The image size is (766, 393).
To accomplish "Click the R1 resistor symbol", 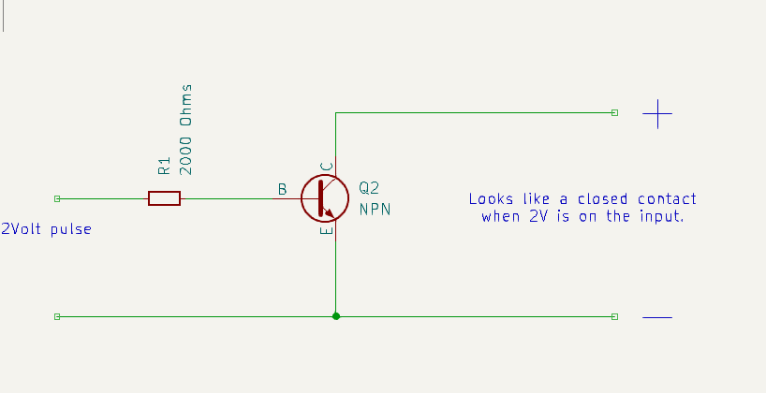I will click(164, 198).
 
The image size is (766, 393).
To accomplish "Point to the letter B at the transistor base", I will click(282, 190).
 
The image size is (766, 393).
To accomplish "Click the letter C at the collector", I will click(326, 167).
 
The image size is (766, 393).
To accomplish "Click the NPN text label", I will click(376, 210).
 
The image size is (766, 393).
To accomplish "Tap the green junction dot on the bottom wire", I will click(335, 316).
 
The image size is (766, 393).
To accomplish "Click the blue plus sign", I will click(657, 113).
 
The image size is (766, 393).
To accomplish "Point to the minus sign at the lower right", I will click(657, 317).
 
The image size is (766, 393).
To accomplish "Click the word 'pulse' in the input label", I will click(71, 229).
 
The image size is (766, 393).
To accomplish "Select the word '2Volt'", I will click(22, 229).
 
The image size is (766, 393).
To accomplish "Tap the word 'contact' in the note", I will click(667, 199).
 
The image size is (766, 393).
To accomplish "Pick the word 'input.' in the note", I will click(660, 216).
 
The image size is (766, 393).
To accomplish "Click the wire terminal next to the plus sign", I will click(614, 112).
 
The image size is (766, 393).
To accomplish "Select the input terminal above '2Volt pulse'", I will click(57, 198).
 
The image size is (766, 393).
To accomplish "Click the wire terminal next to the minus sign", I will click(614, 316).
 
